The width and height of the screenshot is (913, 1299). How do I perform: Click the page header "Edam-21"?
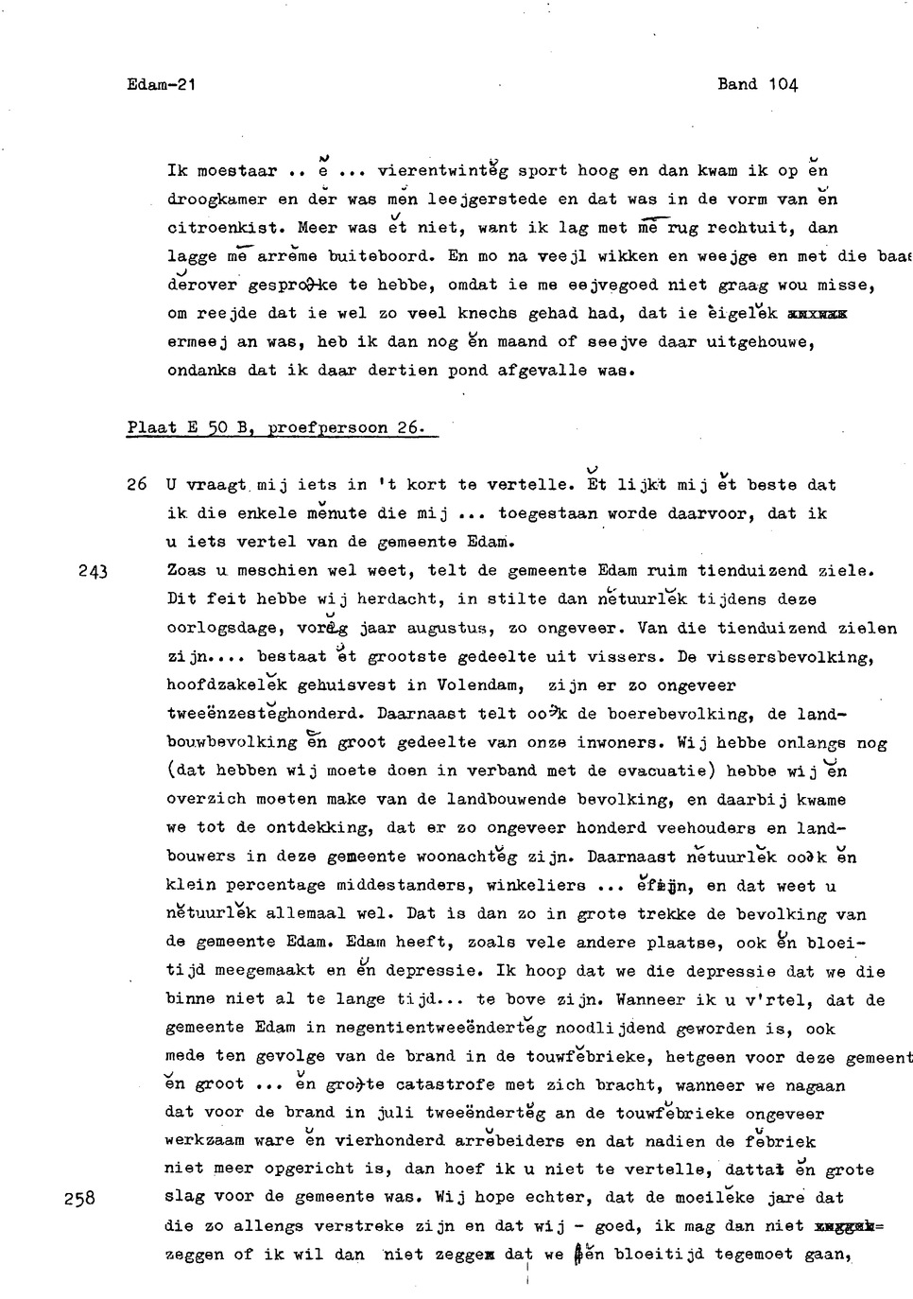coord(161,84)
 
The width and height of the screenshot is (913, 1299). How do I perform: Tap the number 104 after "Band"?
coord(784,84)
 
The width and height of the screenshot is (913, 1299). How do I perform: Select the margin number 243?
coord(94,571)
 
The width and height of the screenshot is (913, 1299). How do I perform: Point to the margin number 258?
coord(80,1198)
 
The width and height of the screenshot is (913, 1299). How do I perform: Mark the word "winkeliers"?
coord(535,886)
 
